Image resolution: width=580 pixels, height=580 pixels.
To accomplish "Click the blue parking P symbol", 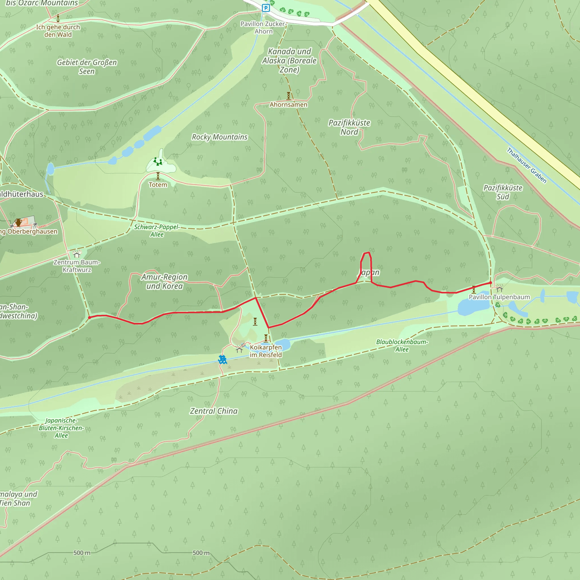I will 265,8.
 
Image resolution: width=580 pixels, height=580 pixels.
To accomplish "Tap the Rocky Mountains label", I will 219,137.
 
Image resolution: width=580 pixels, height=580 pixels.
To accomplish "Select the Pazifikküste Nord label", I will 349,127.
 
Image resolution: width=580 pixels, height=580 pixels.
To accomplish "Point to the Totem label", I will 158,185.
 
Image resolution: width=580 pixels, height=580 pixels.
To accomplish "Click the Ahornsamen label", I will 288,105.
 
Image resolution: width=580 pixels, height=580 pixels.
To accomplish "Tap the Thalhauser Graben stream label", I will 526,165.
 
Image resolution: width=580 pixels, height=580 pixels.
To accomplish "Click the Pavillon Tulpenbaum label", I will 499,297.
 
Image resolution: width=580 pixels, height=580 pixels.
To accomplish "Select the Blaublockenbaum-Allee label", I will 402,346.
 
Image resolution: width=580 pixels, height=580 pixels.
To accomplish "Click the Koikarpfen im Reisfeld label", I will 266,351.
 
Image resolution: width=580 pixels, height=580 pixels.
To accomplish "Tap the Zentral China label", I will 214,411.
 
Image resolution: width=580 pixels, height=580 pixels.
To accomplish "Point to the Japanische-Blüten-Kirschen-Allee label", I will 61,428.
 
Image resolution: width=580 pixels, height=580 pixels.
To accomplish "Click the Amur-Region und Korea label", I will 165,281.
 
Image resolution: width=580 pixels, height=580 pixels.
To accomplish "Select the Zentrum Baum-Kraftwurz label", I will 77,266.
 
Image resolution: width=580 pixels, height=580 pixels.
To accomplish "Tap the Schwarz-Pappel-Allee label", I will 157,231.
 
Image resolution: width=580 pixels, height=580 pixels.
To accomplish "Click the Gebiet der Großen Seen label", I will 87,67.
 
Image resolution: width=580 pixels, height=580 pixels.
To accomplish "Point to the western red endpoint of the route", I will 89,317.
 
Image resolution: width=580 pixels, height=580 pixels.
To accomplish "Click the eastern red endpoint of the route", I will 491,283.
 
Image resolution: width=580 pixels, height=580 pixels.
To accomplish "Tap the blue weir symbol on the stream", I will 222,359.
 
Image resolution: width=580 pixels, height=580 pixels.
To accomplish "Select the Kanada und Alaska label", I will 289,60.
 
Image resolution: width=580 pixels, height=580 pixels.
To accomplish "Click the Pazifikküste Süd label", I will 503,192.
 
